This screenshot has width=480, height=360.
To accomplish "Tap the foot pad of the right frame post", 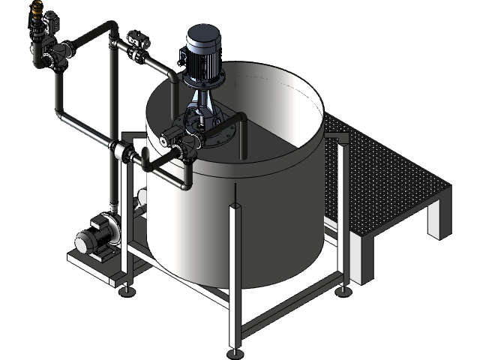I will [x=343, y=289].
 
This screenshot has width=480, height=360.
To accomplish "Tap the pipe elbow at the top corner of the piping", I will [x=111, y=28].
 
